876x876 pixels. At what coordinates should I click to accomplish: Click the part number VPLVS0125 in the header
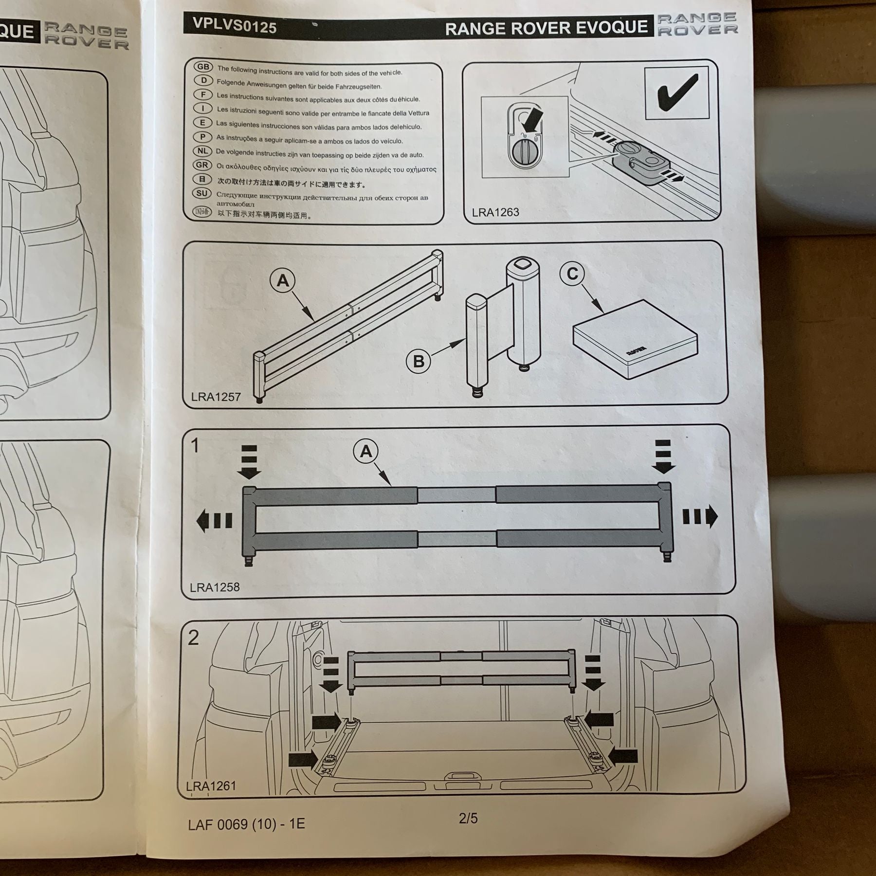[x=235, y=25]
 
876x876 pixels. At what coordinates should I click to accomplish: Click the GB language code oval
[x=202, y=67]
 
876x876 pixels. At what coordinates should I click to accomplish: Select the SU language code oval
[x=202, y=193]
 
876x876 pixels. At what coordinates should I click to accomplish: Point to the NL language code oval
[x=202, y=151]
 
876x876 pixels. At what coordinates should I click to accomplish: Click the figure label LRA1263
[x=495, y=212]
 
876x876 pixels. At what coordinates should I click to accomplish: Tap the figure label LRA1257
[x=216, y=397]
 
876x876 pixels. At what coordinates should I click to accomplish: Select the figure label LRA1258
[x=215, y=587]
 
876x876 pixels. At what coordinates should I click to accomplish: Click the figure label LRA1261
[x=211, y=785]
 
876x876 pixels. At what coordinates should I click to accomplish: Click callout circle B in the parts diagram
[x=419, y=361]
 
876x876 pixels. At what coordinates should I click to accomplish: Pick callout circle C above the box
[x=572, y=274]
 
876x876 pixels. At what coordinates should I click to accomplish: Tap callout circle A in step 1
[x=365, y=452]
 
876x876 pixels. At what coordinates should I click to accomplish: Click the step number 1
[x=195, y=445]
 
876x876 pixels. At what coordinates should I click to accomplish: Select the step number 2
[x=193, y=638]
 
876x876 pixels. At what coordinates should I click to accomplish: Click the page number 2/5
[x=468, y=818]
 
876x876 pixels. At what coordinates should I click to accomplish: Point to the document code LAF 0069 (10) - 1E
[x=246, y=823]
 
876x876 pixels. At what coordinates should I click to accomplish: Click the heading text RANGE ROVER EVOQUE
[x=546, y=29]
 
